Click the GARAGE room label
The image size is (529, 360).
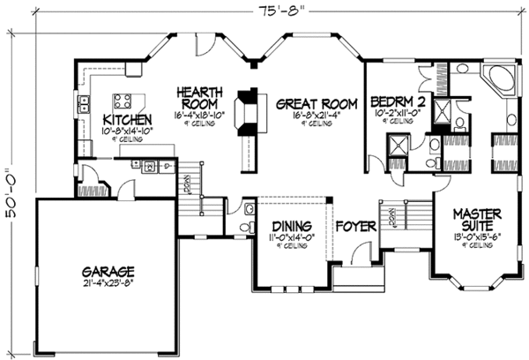[x=111, y=271]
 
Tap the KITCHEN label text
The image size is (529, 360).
[x=129, y=119]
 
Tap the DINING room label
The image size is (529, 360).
[x=287, y=226]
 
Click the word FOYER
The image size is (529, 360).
[x=355, y=228]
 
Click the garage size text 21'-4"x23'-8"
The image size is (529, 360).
[x=111, y=283]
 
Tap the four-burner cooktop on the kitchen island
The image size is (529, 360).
[x=122, y=99]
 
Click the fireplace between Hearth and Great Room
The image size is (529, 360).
[x=250, y=109]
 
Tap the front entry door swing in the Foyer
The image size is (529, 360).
[x=359, y=255]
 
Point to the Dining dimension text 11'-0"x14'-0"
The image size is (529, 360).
[x=287, y=237]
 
